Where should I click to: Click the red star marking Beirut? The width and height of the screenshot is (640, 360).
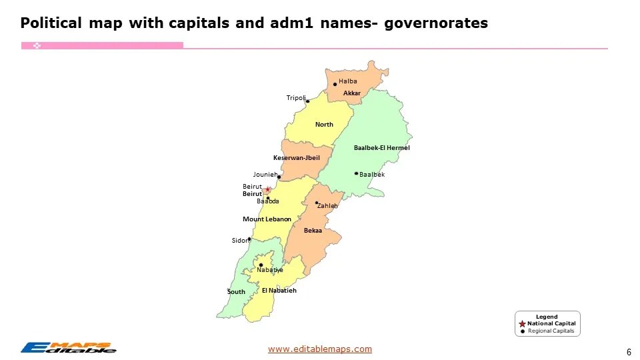coord(267,189)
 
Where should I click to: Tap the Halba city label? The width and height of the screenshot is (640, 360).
coord(348,81)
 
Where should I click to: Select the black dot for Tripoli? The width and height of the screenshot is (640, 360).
coord(307,101)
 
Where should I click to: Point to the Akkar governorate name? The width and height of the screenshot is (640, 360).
coord(352,93)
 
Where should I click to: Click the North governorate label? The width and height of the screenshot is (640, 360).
coord(324,125)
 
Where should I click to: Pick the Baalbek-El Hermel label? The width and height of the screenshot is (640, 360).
coord(381,148)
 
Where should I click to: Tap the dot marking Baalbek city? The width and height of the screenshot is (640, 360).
coord(356,173)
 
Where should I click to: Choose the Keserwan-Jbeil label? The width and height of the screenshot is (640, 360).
coord(297,158)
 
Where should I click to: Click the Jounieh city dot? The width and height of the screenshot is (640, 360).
coord(279,177)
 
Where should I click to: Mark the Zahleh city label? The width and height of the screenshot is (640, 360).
coord(327,206)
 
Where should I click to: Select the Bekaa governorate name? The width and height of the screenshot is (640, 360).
coord(313,231)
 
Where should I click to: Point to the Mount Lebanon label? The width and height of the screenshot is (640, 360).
coord(267,219)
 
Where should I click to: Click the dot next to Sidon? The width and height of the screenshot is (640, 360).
coord(249,239)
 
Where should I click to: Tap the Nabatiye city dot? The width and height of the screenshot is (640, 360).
coord(261,265)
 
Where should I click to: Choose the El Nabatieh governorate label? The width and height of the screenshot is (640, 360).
coord(279,291)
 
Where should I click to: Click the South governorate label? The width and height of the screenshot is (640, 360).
coord(236,292)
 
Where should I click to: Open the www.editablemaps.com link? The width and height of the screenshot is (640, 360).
coord(320,349)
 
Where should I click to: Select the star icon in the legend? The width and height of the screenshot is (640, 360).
coord(522,323)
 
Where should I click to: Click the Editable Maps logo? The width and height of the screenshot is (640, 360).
coord(68,347)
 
